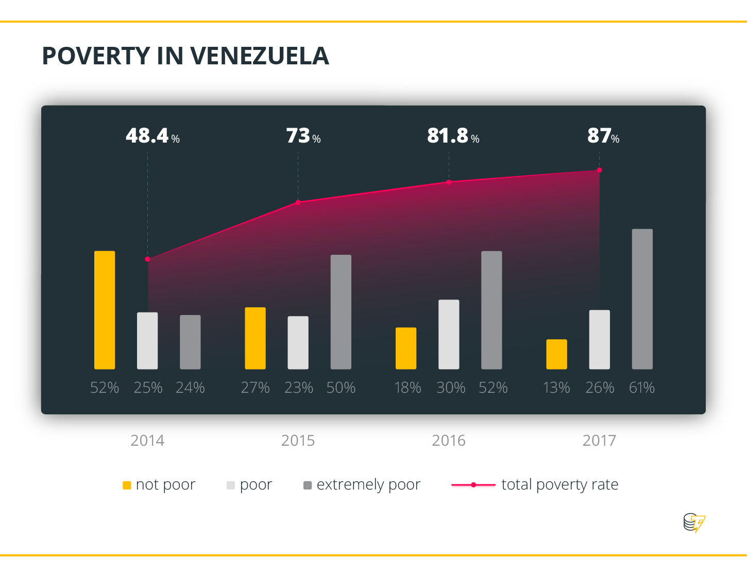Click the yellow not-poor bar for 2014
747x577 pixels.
pos(105,310)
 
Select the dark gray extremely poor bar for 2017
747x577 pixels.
pos(642,299)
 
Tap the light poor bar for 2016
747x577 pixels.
pos(449,334)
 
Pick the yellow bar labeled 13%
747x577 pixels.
pos(556,354)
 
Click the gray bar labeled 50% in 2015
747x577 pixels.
pos(341,312)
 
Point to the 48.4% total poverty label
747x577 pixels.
pos(152,136)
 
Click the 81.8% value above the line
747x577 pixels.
pos(453,136)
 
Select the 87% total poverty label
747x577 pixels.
pos(603,136)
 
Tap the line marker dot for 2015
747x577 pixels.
pos(298,202)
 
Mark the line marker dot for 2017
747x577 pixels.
pos(599,170)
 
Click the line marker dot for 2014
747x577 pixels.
pos(147,259)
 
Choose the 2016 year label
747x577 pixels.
pos(448,441)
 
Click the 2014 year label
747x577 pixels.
pos(147,441)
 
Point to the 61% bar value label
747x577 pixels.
pos(641,388)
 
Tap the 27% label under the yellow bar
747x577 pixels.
pos(255,388)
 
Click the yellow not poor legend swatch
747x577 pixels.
pos(127,485)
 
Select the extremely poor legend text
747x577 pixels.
pos(368,485)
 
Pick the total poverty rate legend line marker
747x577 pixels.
pos(473,485)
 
